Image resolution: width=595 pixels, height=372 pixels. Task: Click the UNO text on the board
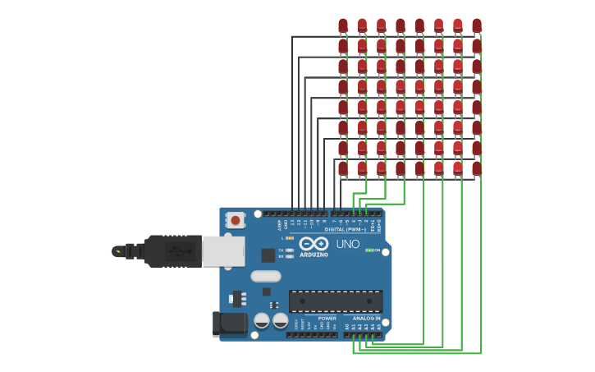[x=348, y=244]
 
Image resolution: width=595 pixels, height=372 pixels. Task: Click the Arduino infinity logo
[x=314, y=244]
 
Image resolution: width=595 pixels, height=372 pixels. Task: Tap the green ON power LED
[x=369, y=250]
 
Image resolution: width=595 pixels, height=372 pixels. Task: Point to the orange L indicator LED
[x=290, y=238]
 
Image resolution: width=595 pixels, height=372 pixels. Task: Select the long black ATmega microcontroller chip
[x=335, y=301]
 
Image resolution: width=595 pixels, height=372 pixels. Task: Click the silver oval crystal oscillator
[x=266, y=277]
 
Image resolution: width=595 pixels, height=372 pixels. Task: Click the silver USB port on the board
[x=223, y=251]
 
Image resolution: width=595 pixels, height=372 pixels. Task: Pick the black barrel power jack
[x=229, y=323]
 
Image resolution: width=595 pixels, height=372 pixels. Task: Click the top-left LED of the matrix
[x=342, y=25]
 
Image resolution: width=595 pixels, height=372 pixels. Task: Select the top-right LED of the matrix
[x=477, y=25]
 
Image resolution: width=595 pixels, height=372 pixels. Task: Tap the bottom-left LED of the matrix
[x=342, y=168]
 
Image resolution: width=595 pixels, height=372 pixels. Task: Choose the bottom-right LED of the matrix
[x=477, y=168]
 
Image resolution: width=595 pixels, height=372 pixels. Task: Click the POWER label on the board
[x=327, y=319]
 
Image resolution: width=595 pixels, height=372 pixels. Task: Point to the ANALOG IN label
[x=366, y=319]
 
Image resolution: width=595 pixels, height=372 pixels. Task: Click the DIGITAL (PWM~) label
[x=345, y=229]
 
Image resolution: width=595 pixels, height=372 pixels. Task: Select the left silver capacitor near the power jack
[x=262, y=320]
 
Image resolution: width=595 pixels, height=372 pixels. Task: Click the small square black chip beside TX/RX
[x=268, y=255]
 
